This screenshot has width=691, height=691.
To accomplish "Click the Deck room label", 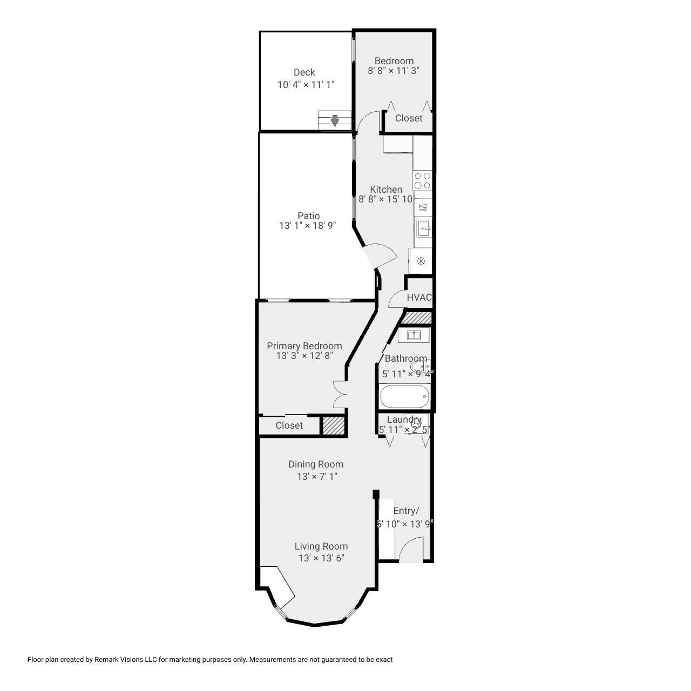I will tap(304, 72).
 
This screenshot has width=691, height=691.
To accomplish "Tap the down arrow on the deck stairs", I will tap(335, 120).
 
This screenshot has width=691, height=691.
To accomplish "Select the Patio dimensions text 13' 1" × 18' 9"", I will tap(307, 226).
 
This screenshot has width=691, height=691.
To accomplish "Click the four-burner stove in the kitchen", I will tap(422, 180).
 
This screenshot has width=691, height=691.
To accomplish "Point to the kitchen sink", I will tap(424, 229).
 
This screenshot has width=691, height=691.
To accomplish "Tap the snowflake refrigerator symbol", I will tap(421, 262).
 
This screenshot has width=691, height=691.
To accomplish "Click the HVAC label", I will tap(419, 297).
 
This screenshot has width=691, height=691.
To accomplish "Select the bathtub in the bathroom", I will tap(405, 397).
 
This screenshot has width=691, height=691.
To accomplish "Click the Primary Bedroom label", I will tap(304, 346).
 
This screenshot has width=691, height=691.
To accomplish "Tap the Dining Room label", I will tap(315, 464).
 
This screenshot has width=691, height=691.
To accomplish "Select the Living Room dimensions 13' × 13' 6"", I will tap(321, 558).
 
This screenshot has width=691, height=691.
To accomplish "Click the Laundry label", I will tap(404, 419).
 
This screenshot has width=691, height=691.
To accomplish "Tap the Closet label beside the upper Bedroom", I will tap(409, 118).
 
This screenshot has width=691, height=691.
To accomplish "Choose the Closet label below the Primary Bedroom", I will tap(289, 425).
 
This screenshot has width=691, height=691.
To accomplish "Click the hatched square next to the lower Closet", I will tap(333, 425).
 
